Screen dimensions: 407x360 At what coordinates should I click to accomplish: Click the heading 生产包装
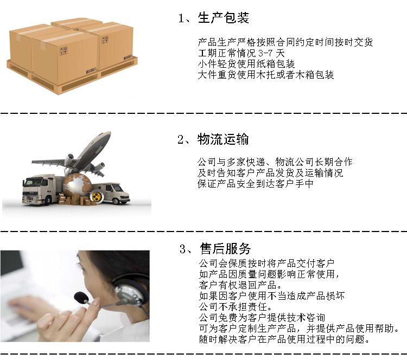223,18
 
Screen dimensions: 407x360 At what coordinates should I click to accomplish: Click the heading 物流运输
223,139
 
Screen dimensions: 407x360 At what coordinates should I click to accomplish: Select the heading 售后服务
225,249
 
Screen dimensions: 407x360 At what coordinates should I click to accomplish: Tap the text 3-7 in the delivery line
265,53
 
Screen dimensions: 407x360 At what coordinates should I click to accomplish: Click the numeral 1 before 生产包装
181,18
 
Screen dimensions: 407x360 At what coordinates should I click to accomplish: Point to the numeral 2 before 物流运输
181,139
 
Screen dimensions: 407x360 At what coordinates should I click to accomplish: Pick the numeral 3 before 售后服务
183,249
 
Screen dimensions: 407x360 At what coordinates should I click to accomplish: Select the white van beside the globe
112,192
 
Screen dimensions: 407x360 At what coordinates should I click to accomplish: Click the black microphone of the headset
81,298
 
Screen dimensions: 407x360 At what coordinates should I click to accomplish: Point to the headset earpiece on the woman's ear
129,294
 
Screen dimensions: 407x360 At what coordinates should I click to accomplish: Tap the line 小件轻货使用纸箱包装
246,64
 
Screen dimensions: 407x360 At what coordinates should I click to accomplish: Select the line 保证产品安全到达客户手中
256,184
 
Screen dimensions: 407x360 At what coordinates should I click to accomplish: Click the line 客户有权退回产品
240,285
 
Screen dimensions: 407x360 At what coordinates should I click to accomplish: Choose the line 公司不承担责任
236,307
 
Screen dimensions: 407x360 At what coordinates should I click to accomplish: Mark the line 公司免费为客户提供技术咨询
262,318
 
